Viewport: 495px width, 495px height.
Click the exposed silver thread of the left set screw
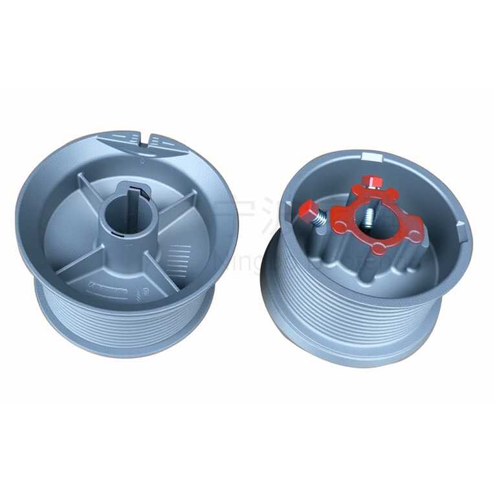(x=322, y=219)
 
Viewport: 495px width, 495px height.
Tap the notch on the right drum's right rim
(x=461, y=226)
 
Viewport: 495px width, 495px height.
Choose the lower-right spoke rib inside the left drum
(x=155, y=269)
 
